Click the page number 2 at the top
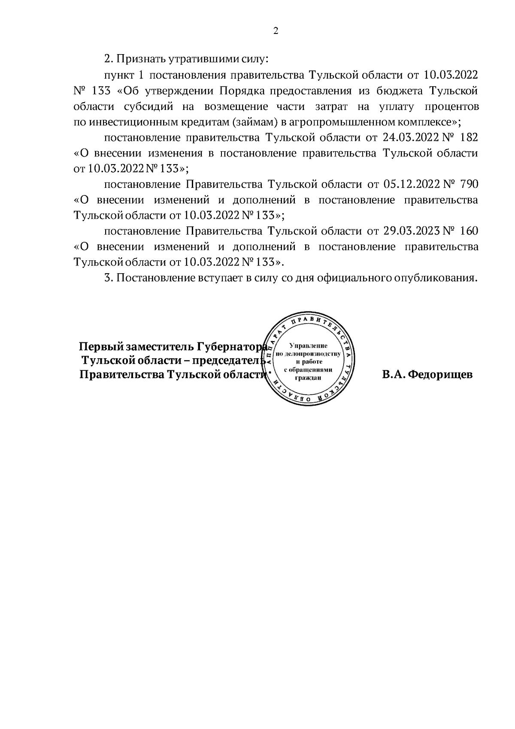point(276,31)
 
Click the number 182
point(468,138)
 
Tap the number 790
point(468,184)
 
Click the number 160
point(468,231)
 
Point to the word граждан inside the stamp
point(308,378)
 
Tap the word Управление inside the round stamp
point(309,345)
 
